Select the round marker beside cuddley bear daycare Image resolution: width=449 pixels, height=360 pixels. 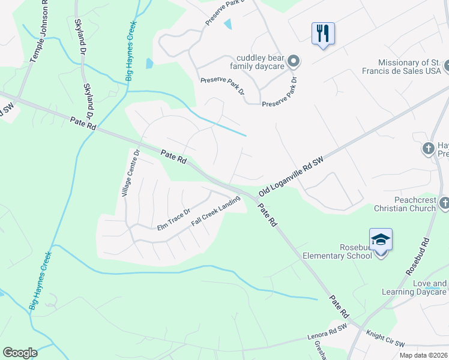(294, 61)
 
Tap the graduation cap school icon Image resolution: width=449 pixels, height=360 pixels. (381, 239)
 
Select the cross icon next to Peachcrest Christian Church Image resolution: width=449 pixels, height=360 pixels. (444, 204)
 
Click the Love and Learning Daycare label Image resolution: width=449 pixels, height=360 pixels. (415, 287)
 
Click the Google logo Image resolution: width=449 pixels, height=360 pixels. (20, 353)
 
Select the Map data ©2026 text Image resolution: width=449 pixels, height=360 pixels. (423, 355)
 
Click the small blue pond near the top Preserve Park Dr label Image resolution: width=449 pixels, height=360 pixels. (228, 24)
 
